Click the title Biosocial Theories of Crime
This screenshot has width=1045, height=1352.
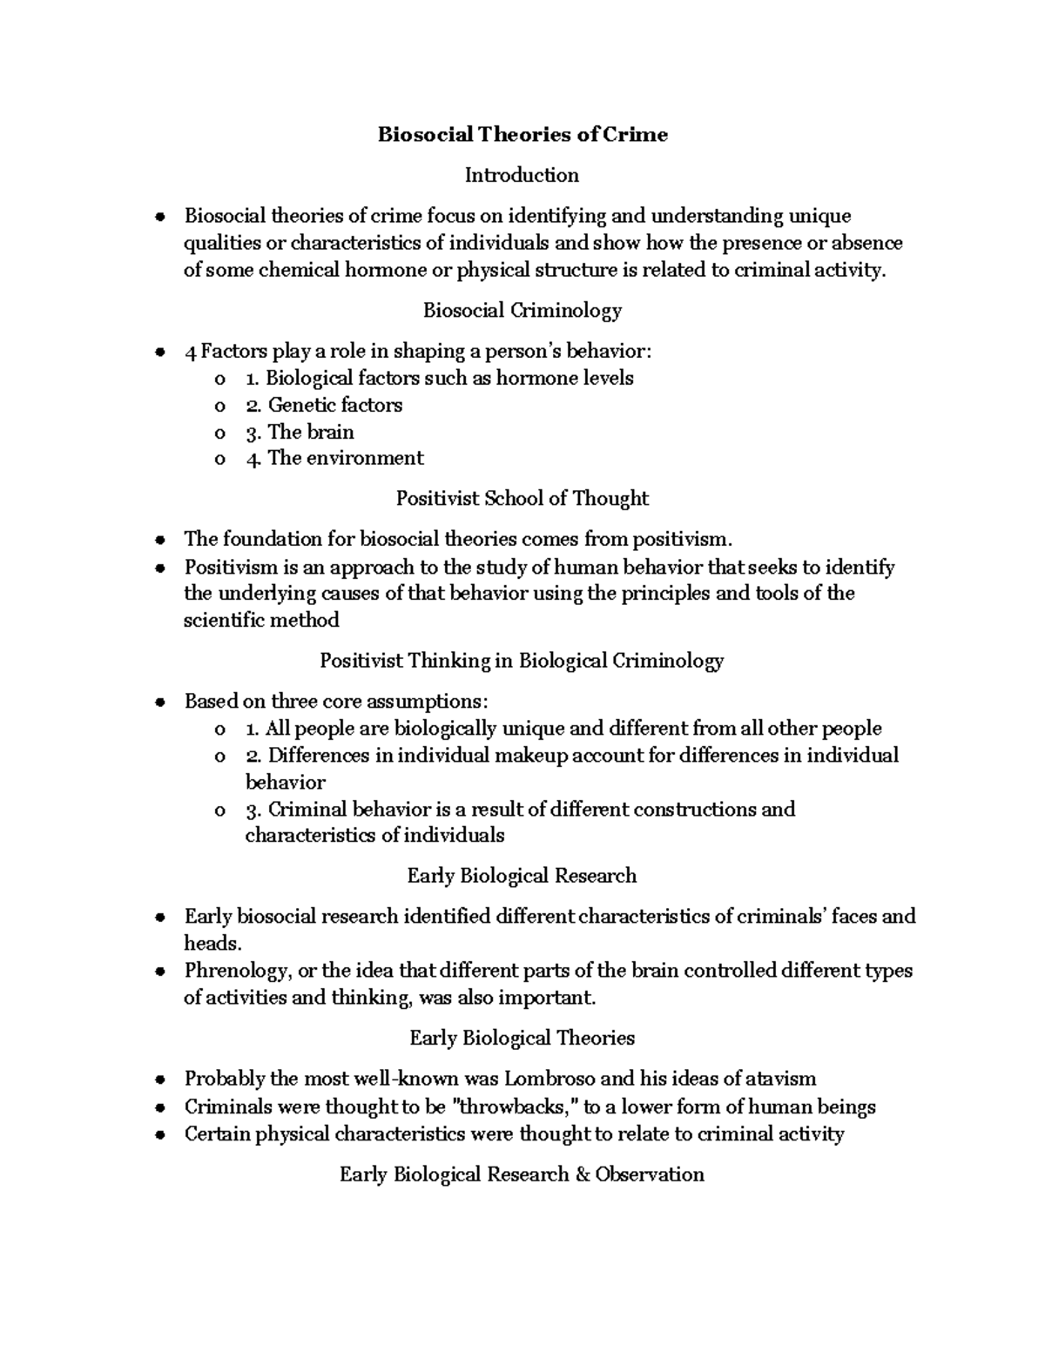pos(522,135)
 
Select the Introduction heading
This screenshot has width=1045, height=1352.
pos(522,175)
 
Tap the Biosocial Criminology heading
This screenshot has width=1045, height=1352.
pos(522,310)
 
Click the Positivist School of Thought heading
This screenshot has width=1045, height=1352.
pos(522,498)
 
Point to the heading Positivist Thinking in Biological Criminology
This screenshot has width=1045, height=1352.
pos(522,661)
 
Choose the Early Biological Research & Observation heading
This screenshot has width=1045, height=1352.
pos(522,1174)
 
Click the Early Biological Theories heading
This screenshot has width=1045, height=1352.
pos(522,1038)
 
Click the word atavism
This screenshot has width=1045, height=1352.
pos(781,1079)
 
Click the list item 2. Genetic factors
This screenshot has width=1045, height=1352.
pos(323,405)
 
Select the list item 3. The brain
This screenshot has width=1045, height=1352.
pos(300,432)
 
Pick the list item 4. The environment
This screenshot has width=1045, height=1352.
pos(334,458)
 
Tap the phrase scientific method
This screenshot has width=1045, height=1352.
pos(261,620)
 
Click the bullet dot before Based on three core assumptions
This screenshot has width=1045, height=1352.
pos(158,703)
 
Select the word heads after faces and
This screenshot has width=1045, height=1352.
pos(210,943)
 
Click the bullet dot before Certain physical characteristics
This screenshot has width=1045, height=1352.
pos(158,1135)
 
